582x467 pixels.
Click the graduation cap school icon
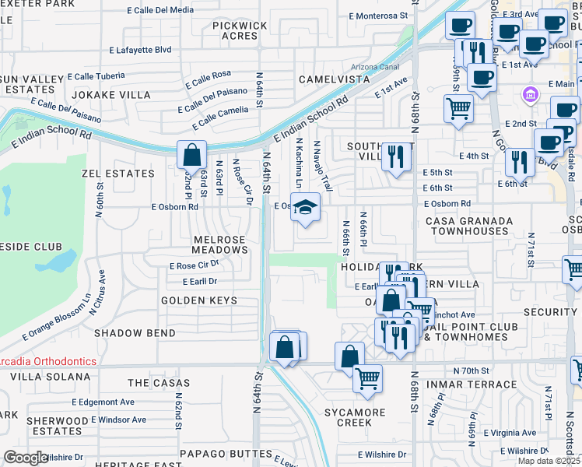pos(306,208)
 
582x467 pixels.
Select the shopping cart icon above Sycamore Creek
pos(367,379)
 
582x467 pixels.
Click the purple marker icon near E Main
pos(531,95)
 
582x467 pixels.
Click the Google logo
pos(26,458)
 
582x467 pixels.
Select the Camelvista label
pos(335,80)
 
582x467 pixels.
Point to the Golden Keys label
pos(198,300)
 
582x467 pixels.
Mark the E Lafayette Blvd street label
pos(139,49)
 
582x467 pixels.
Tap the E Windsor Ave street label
pos(118,420)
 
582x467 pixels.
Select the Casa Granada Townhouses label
pos(469,226)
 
